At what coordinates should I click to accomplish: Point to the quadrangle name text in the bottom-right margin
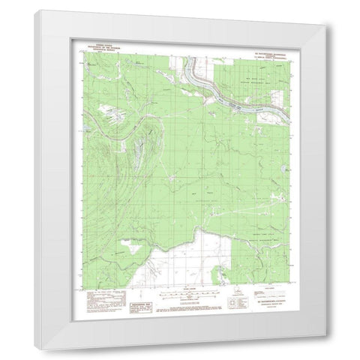[x=262, y=306]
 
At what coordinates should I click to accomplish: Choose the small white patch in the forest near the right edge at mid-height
[x=279, y=199]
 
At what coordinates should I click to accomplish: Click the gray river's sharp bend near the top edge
[x=196, y=73]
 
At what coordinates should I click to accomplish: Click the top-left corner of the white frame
[x=36, y=10]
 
